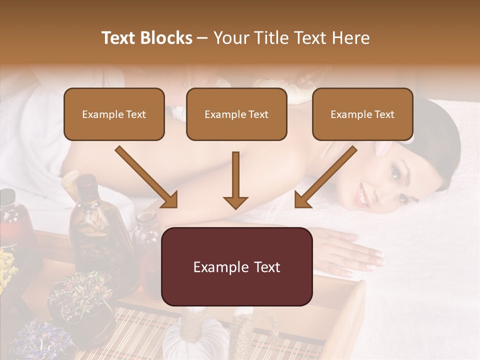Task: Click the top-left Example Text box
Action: click(114, 114)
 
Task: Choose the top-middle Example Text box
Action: click(236, 114)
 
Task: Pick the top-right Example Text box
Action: click(362, 114)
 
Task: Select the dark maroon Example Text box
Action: click(236, 266)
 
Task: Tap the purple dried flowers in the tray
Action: click(35, 335)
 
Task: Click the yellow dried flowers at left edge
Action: click(6, 265)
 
